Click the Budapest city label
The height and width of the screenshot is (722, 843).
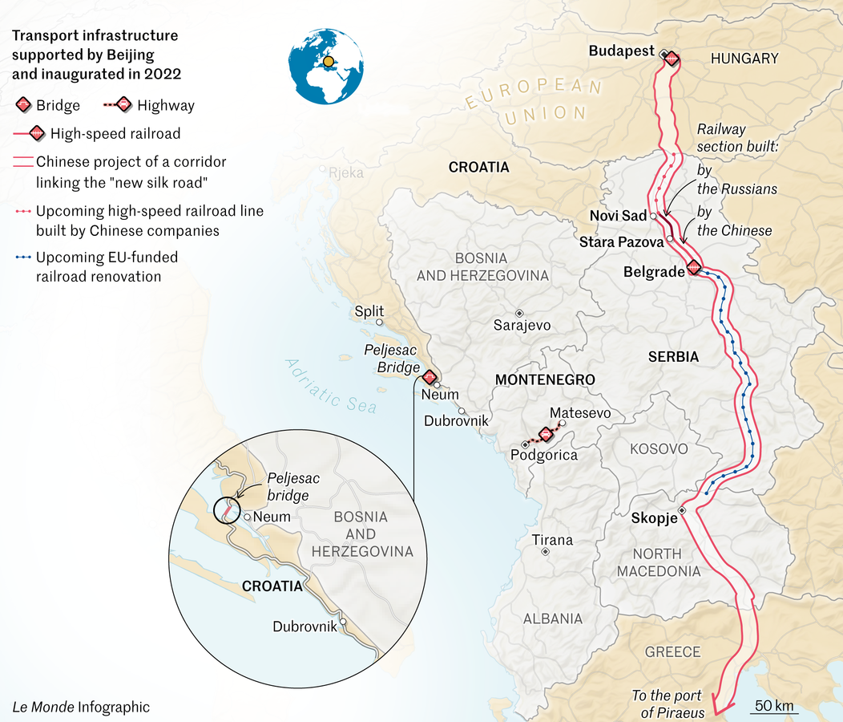click(x=621, y=51)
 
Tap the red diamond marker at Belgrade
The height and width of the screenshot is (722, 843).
click(x=694, y=268)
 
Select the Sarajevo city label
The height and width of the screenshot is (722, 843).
click(x=522, y=325)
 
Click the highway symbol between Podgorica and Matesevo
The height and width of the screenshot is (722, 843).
click(x=545, y=433)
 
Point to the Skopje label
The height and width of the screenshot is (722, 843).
click(x=653, y=517)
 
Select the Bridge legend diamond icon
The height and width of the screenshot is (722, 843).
click(x=24, y=105)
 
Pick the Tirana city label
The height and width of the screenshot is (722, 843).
click(x=553, y=540)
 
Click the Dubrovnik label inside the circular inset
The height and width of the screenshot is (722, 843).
click(x=305, y=627)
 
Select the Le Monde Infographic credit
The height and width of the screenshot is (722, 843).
click(x=81, y=707)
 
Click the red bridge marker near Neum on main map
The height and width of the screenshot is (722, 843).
click(x=430, y=376)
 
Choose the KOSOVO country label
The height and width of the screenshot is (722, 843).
click(x=659, y=448)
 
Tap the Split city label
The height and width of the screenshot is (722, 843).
click(x=369, y=311)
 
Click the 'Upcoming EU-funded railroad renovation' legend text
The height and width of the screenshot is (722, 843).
click(x=107, y=267)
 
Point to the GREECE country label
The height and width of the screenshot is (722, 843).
click(x=672, y=651)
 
